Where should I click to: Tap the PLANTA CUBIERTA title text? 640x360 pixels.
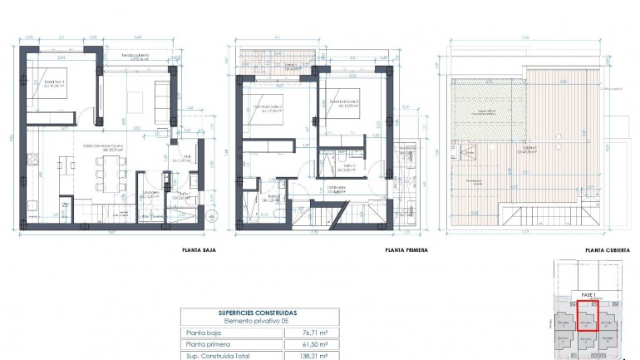tap(605, 249)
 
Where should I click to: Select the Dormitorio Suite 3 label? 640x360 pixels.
tap(267, 107)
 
